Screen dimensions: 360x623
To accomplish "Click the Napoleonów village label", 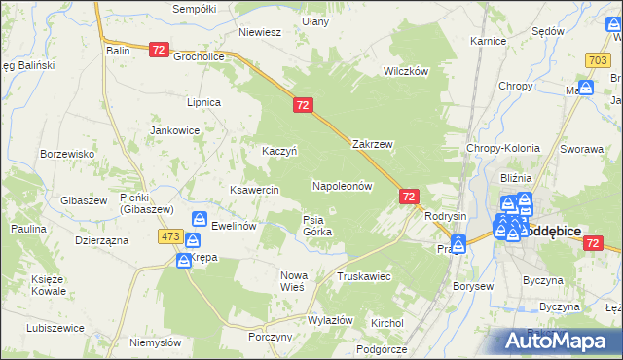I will click(342, 185).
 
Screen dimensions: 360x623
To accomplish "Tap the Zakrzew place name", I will click(372, 144).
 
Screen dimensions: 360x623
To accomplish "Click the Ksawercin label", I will click(254, 190).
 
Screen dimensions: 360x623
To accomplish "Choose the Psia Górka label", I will click(317, 226).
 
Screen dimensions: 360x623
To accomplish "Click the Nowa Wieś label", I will click(293, 281).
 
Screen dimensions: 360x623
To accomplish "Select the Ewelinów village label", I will click(233, 225).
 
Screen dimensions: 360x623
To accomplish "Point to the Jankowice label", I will click(174, 130).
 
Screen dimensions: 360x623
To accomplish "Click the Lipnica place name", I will click(204, 102).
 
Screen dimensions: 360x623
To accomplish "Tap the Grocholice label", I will click(200, 56).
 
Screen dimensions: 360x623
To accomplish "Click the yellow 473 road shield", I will click(171, 237).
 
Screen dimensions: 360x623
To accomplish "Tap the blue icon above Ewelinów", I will click(199, 220).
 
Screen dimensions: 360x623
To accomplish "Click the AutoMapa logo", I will click(559, 341).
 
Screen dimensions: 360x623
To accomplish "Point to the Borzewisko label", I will click(66, 154).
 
